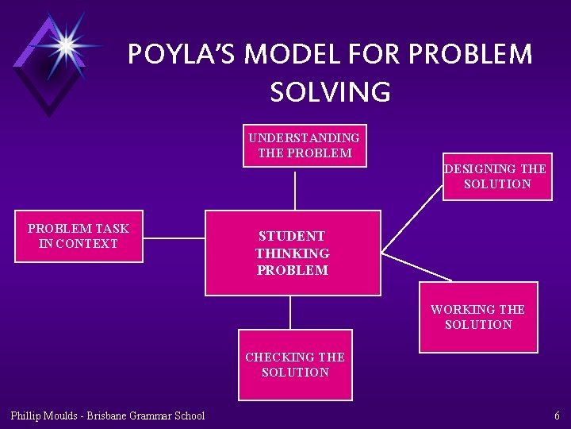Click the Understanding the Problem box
[x=305, y=145]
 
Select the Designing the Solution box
[x=497, y=176]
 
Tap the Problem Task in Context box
[x=79, y=236]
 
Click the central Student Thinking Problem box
[x=293, y=253]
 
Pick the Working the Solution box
[x=478, y=317]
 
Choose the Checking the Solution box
[x=295, y=365]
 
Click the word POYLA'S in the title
[x=182, y=55]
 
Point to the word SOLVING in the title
[x=330, y=92]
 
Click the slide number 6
[x=557, y=415]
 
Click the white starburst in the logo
[x=65, y=44]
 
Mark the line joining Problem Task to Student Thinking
[x=174, y=238]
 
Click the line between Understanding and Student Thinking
[x=295, y=188]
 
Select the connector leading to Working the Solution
[x=416, y=268]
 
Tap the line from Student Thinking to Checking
[x=290, y=312]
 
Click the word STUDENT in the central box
[x=292, y=236]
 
